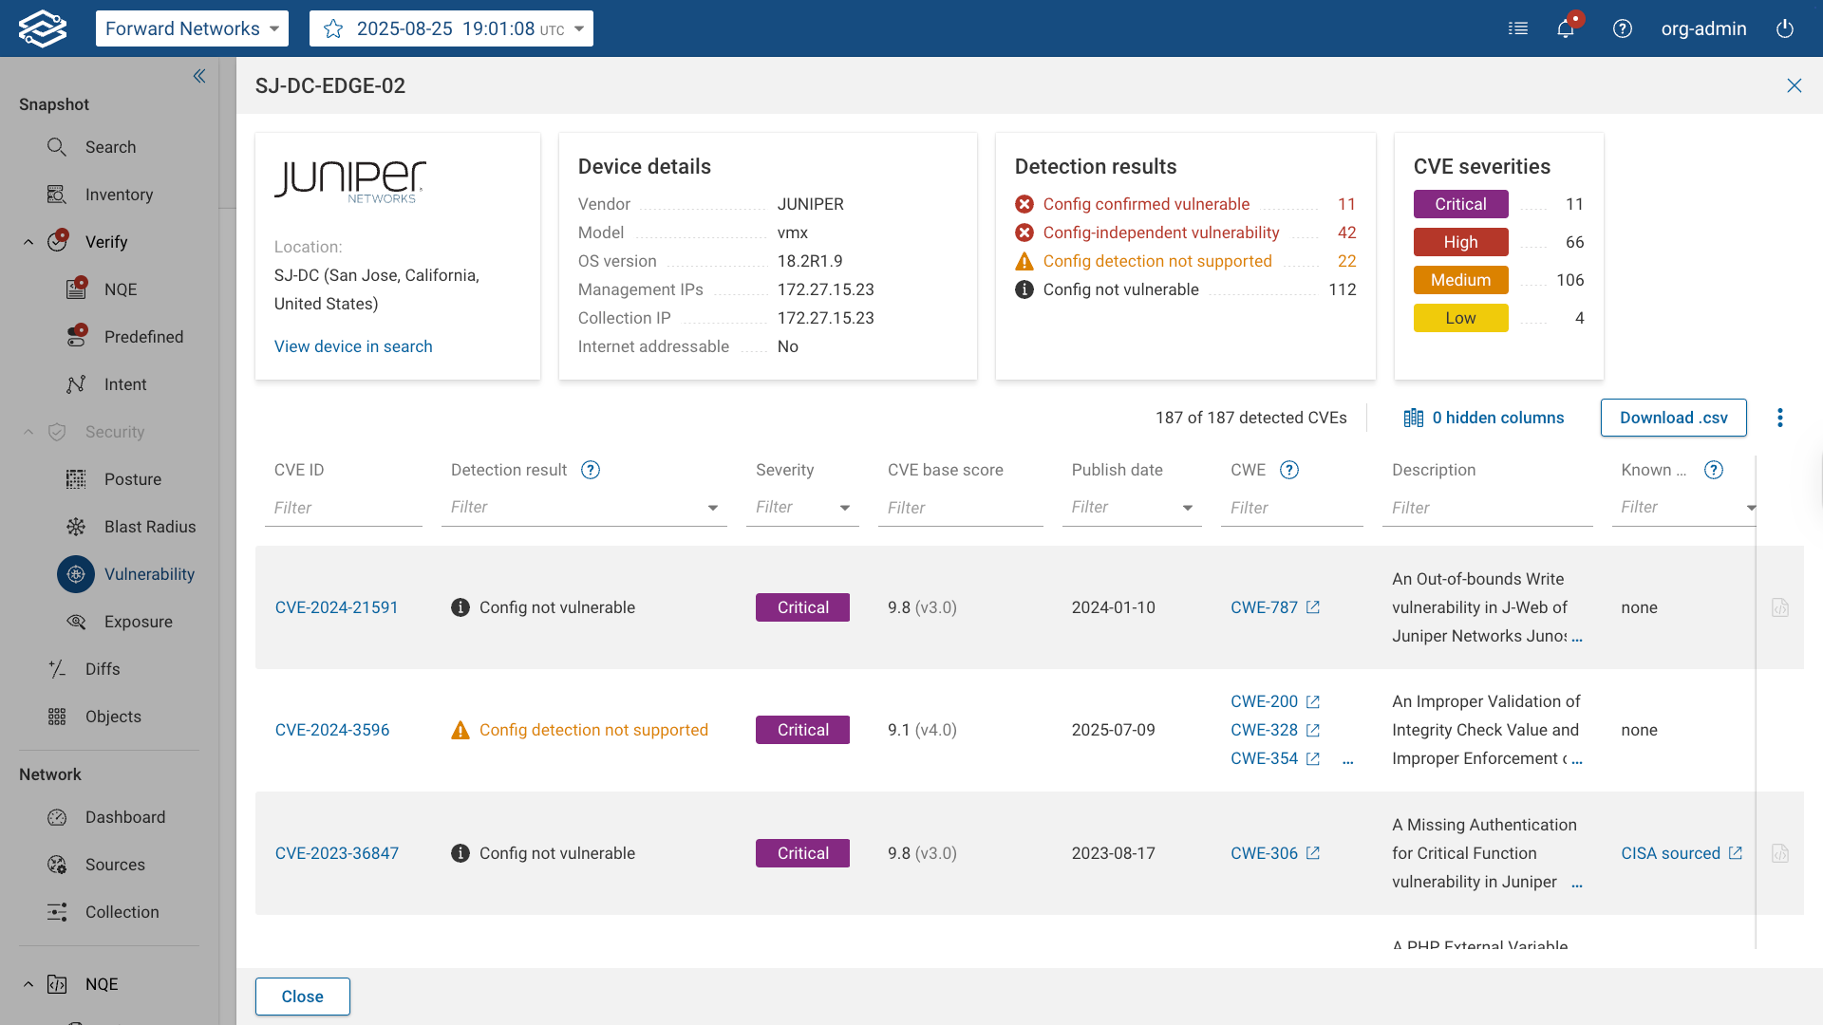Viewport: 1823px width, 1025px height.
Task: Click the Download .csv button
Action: coord(1673,418)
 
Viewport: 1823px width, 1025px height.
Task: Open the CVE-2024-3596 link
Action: coord(332,730)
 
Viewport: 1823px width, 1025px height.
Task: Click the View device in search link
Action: coord(353,346)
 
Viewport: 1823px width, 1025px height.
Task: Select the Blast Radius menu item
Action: coord(149,527)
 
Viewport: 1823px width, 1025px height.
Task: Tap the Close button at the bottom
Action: coord(302,997)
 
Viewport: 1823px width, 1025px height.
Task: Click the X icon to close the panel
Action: coord(1794,85)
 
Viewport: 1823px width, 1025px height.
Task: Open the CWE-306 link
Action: coord(1264,853)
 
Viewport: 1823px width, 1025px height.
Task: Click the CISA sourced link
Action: coord(1671,853)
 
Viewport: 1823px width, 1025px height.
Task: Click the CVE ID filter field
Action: coord(343,508)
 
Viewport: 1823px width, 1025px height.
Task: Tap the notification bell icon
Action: coord(1566,28)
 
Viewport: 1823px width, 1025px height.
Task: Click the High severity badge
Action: coord(1460,242)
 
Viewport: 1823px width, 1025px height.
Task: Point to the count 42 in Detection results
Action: coord(1346,233)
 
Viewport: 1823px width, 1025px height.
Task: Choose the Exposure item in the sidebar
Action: coord(138,622)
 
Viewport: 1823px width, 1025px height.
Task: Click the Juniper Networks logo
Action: coord(350,180)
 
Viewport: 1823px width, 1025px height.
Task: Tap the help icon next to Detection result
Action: coord(591,470)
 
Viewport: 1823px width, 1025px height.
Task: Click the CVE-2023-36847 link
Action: coord(337,853)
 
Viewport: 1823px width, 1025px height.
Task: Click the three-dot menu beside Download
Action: coord(1780,418)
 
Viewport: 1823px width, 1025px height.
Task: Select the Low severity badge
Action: coord(1460,318)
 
